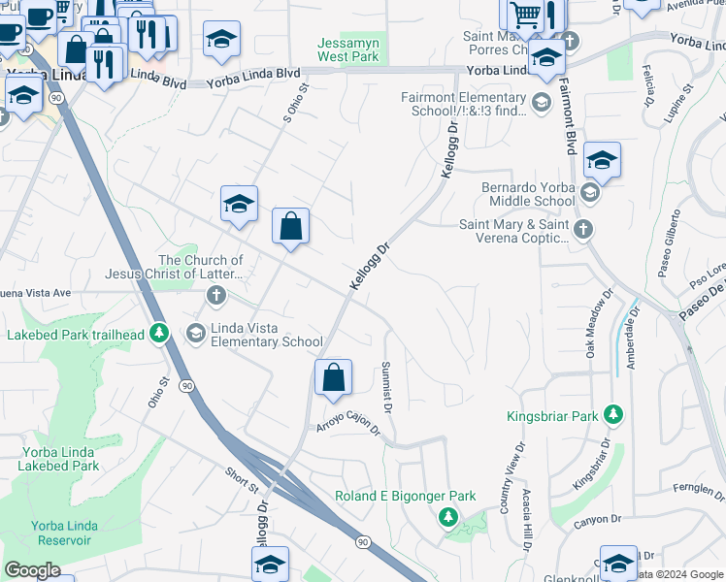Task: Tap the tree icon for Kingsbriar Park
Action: [612, 415]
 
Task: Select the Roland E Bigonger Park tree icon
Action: [447, 516]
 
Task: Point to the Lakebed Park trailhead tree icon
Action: [161, 334]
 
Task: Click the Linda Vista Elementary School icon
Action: [196, 334]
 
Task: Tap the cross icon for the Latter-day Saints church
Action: [215, 295]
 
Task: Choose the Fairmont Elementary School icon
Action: [541, 100]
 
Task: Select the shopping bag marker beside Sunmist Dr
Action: [333, 378]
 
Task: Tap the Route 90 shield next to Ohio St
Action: [186, 385]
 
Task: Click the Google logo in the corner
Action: [32, 569]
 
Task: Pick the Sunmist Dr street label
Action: [386, 388]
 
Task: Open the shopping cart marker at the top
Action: [525, 15]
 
